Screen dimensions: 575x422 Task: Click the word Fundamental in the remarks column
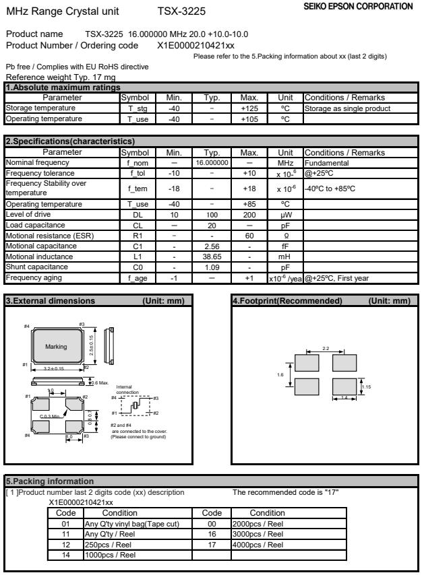tap(324, 163)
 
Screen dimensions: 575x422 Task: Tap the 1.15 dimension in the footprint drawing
tap(367, 386)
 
